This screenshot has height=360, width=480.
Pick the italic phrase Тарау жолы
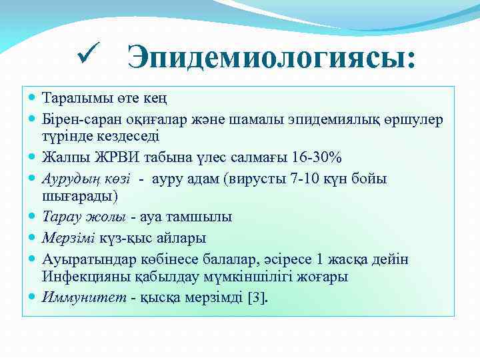click(84, 217)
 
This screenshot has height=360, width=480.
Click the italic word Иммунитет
click(85, 297)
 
